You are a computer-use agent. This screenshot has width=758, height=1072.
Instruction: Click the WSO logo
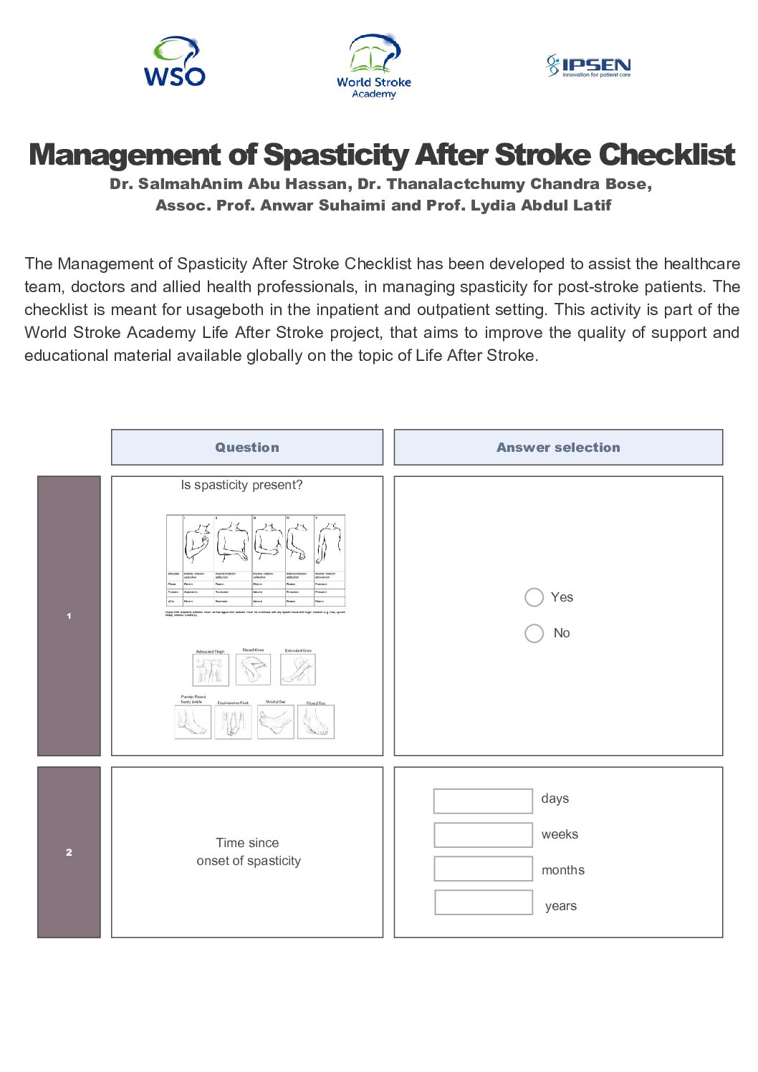point(175,62)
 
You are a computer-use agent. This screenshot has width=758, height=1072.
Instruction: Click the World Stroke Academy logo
point(374,66)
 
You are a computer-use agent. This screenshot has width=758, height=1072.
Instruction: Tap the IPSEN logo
point(588,66)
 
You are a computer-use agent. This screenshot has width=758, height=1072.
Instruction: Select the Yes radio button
point(534,597)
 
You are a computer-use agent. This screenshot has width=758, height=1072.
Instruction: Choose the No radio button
point(534,633)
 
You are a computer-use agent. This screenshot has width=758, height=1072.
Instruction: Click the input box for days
point(483,801)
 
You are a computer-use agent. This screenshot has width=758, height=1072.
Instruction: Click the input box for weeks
point(483,835)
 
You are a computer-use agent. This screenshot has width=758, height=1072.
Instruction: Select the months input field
point(483,869)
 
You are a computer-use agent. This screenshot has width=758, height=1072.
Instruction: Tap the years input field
point(483,902)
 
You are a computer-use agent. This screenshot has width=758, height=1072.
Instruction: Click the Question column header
point(247,448)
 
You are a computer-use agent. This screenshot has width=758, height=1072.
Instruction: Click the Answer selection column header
point(558,448)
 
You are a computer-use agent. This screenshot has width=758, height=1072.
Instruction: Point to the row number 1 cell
point(69,616)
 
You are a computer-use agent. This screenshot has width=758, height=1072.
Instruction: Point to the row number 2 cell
point(69,852)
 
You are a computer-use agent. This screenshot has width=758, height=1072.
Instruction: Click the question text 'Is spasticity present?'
point(241,485)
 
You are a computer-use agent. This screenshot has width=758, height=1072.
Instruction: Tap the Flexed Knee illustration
point(253,670)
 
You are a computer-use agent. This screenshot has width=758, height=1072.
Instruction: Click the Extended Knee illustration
point(297,670)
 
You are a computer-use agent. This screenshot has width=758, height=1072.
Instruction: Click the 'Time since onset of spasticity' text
point(248,851)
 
